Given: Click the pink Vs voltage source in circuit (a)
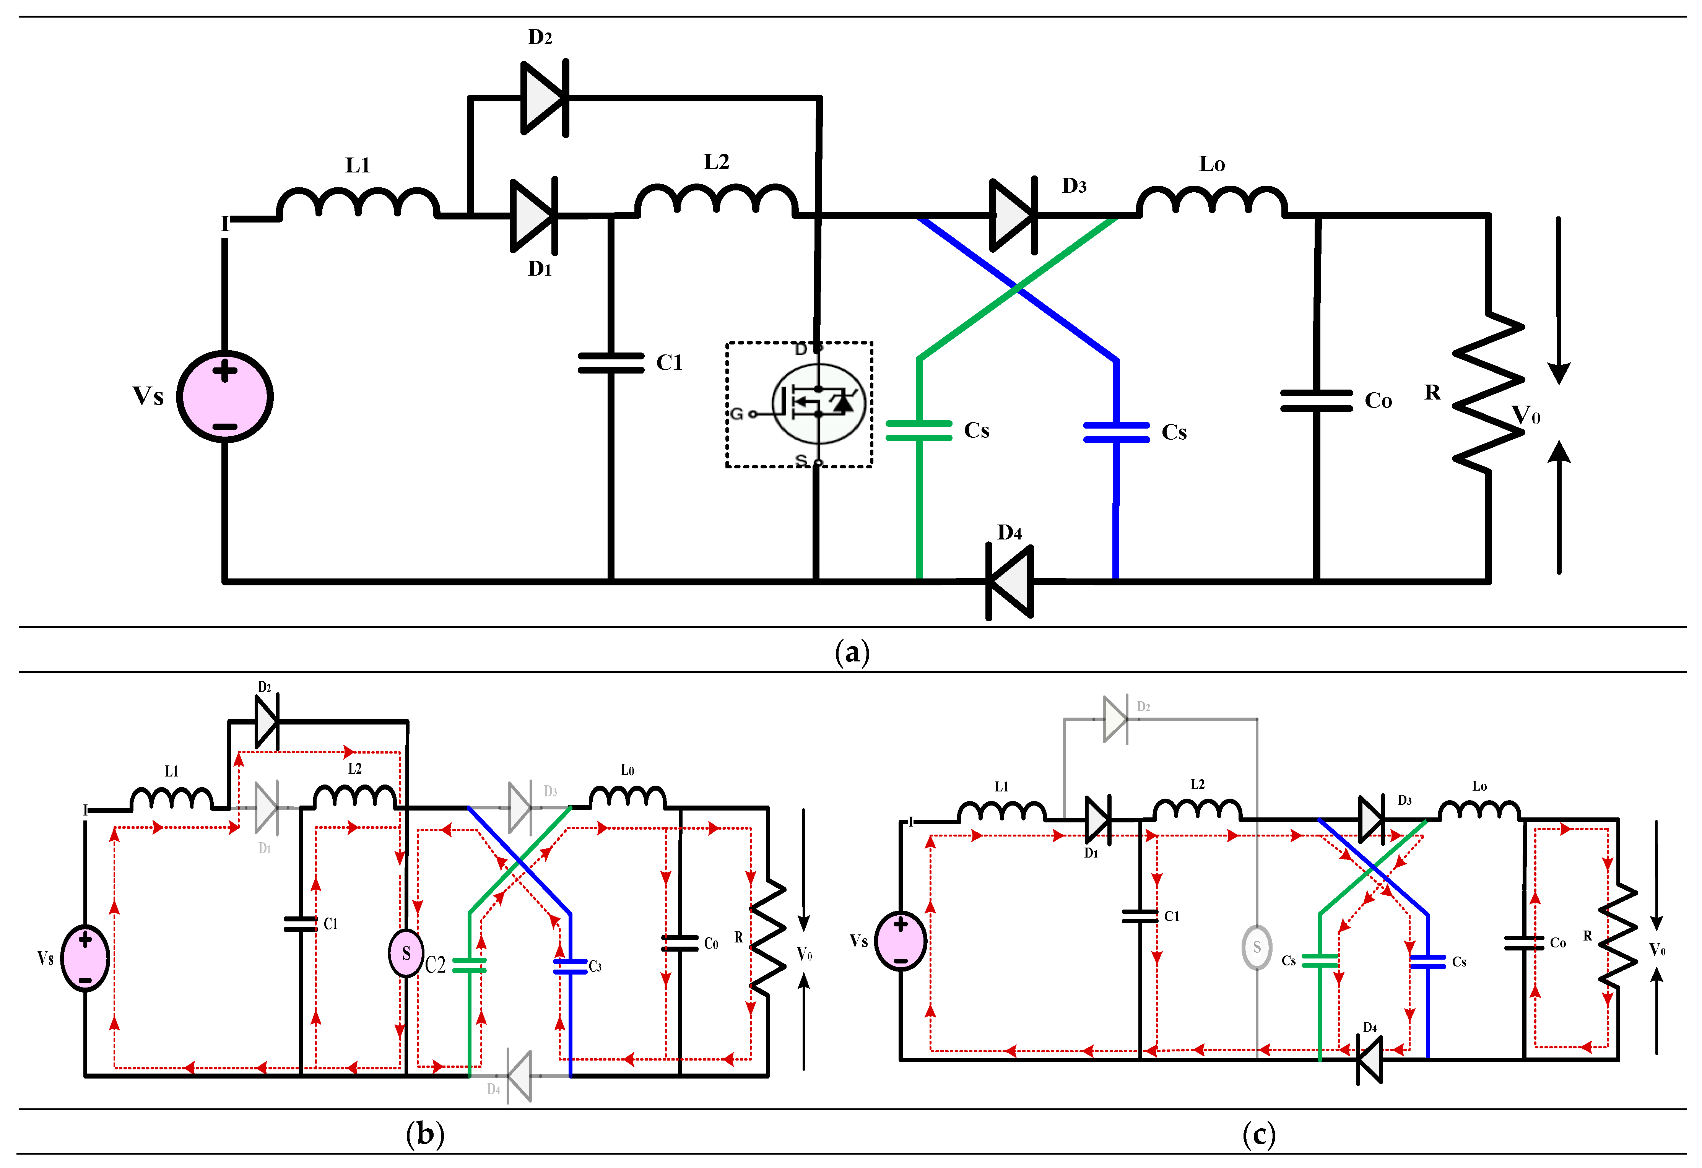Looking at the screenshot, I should (x=225, y=397).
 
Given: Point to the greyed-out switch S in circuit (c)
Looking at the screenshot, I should (x=1257, y=947).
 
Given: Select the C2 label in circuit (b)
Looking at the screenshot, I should (x=435, y=965).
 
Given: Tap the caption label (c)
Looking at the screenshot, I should (x=1258, y=1134).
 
